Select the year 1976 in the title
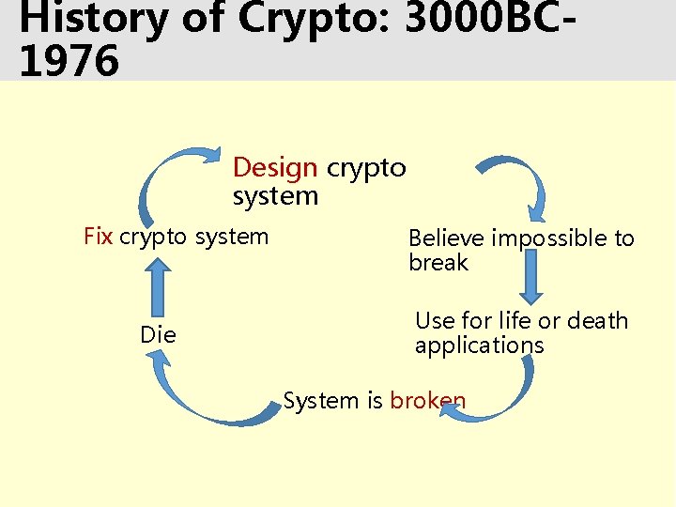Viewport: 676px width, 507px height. coord(69,61)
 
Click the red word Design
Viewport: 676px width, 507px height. coord(275,168)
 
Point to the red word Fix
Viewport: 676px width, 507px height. coord(99,236)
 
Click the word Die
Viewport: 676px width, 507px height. coord(158,334)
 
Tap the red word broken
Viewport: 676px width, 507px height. coord(428,401)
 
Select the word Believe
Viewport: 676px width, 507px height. coord(447,238)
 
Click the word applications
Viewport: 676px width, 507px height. coord(479,346)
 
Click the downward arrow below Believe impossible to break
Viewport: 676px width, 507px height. coord(532,277)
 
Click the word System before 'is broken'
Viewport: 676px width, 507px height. coord(320,401)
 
